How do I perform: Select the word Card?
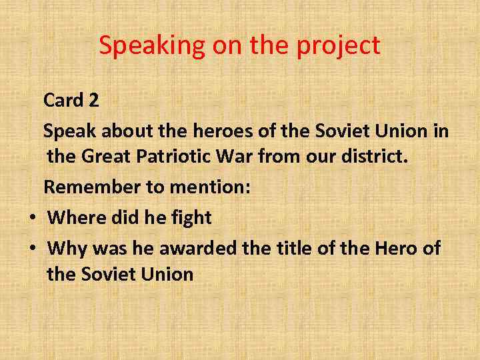coord(63,101)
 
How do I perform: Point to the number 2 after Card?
coord(93,101)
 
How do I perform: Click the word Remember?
coord(93,187)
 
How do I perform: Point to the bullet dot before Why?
coord(31,249)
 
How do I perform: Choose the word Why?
coord(67,249)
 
